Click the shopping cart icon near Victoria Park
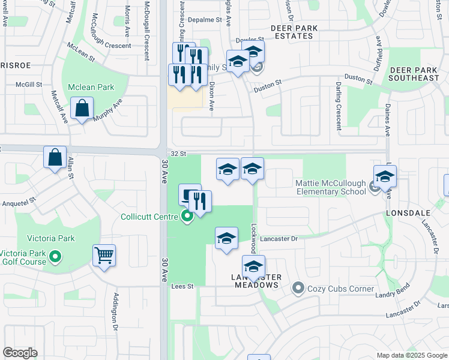click(x=104, y=256)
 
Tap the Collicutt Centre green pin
click(x=187, y=217)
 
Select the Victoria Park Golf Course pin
click(x=55, y=257)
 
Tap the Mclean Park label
click(x=91, y=87)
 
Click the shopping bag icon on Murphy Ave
click(x=82, y=109)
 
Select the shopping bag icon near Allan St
click(x=55, y=157)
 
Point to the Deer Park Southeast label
click(x=414, y=74)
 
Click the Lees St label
click(x=183, y=287)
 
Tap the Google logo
click(x=20, y=353)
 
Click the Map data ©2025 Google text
click(x=412, y=355)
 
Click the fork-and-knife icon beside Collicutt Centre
click(x=200, y=202)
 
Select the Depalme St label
click(x=205, y=20)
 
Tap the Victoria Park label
click(x=46, y=238)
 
